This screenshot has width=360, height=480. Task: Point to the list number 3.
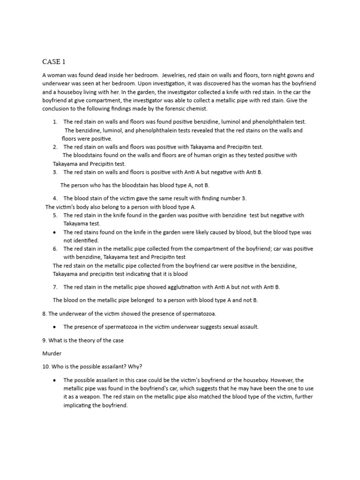[55, 172]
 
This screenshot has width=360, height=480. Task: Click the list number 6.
[55, 248]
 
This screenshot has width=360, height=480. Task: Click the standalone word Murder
[52, 353]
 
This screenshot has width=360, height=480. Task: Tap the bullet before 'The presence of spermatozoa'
[55, 327]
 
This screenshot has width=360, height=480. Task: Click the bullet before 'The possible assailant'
[55, 380]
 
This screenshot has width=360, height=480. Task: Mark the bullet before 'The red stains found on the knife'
[55, 232]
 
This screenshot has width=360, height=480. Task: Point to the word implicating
[81, 405]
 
